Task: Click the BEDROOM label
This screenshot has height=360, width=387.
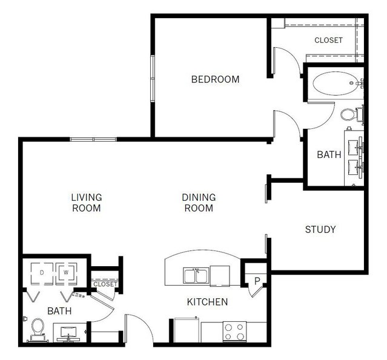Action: pos(215,79)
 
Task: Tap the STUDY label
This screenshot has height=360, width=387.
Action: pos(320,229)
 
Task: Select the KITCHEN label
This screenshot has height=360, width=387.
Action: pos(207,302)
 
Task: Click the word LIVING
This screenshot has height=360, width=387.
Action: pos(87,197)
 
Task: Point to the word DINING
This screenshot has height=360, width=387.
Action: pos(199,197)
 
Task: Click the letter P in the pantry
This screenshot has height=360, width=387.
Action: pos(257,281)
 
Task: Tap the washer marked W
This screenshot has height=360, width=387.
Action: pos(66,273)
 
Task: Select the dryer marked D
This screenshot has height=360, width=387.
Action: pos(42,273)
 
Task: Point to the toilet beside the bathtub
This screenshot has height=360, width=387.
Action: pos(351,114)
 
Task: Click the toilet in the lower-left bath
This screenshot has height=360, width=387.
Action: pos(38,330)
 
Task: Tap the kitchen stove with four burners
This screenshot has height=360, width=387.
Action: pos(234,332)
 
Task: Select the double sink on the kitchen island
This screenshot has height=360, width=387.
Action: pos(196,275)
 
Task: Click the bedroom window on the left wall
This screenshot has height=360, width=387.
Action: pos(153,79)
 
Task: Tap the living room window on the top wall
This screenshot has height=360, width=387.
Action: pos(93,139)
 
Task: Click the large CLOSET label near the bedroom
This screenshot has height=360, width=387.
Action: pos(328,40)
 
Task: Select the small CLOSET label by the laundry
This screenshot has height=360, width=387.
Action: pos(105,284)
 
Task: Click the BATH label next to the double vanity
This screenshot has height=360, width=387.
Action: pos(329,155)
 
